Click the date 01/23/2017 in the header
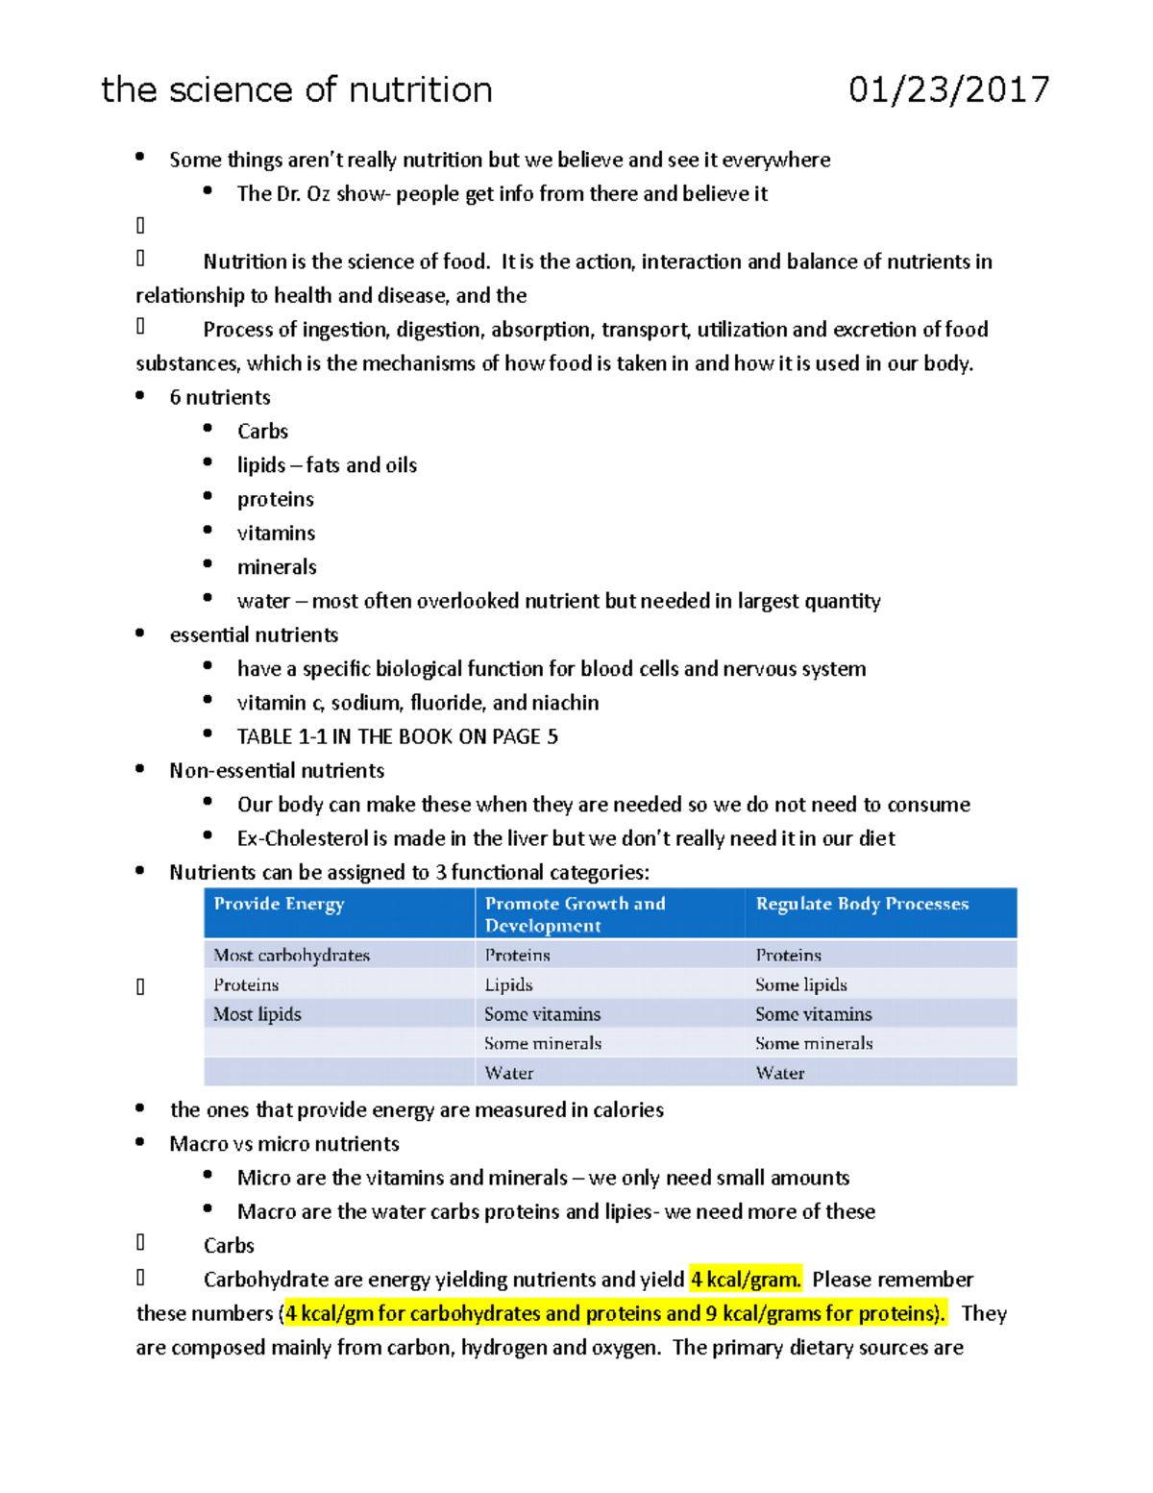tap(948, 89)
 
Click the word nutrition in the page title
tap(420, 89)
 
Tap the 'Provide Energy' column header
tap(279, 904)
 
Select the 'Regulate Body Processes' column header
tap(862, 904)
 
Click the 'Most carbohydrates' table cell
tap(291, 955)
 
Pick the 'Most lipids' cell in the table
tap(257, 1014)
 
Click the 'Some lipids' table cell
tap(800, 984)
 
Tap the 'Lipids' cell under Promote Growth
tap(508, 984)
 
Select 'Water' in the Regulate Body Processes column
tap(779, 1073)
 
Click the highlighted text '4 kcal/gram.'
tap(746, 1280)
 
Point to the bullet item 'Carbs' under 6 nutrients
tap(262, 432)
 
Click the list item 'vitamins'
tap(276, 534)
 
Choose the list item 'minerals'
tap(277, 567)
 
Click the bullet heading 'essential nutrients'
tap(254, 635)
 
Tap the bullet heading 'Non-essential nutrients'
tap(277, 771)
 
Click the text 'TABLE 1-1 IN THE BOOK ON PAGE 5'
tap(397, 737)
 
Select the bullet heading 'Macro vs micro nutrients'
tap(284, 1144)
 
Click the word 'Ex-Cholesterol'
tap(288, 838)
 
